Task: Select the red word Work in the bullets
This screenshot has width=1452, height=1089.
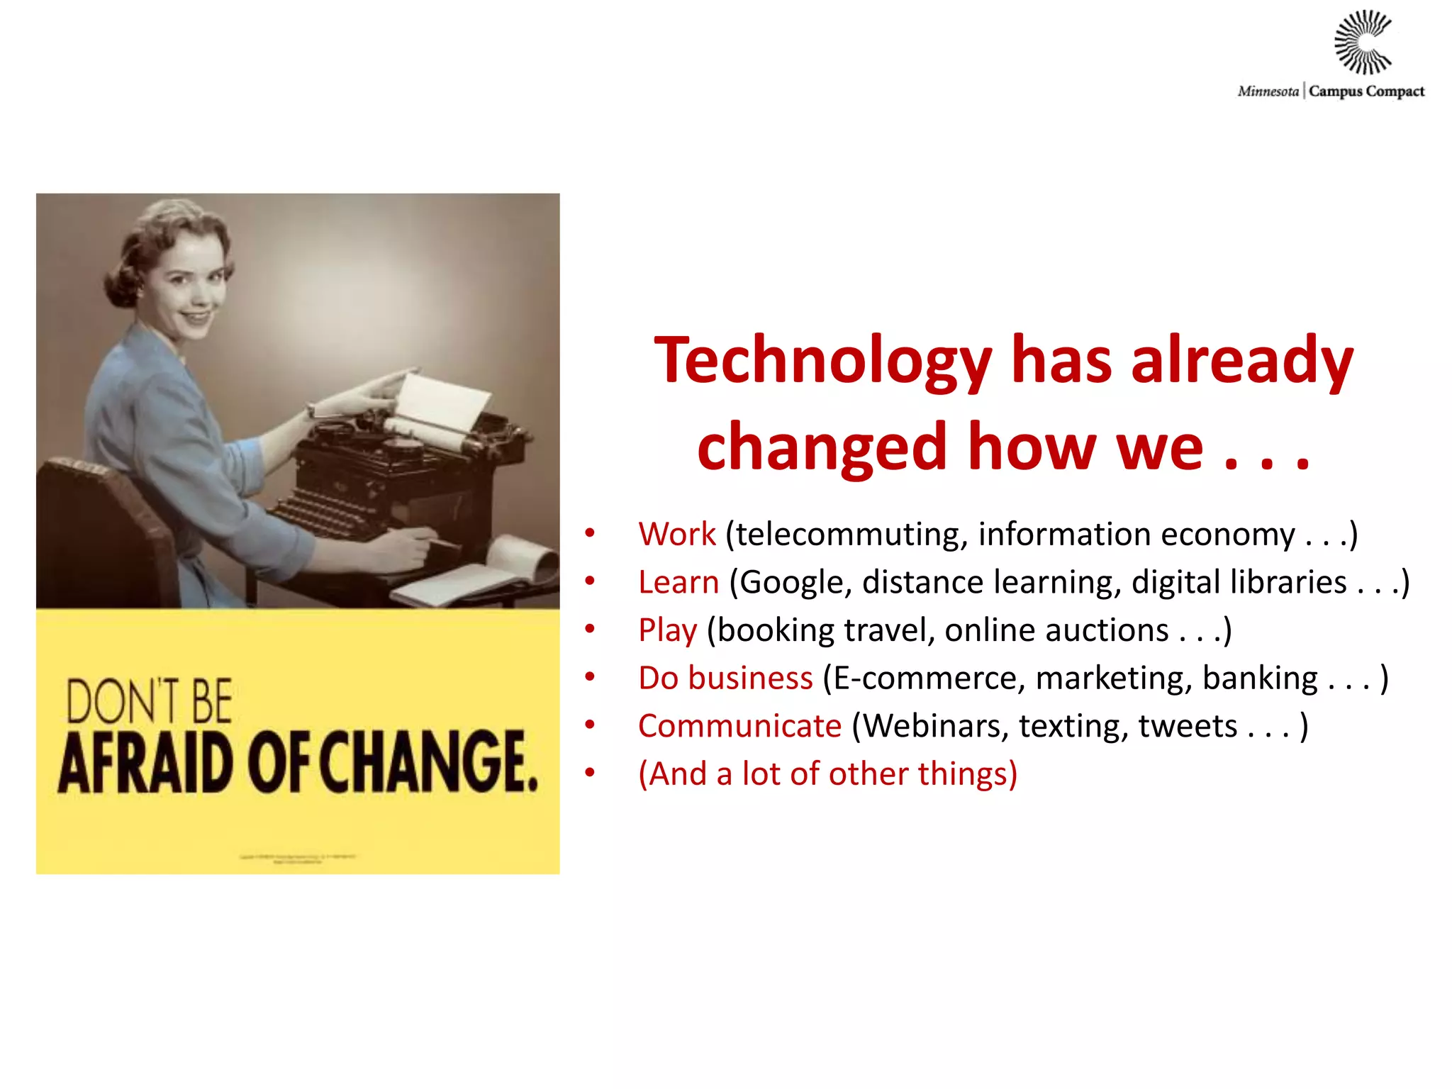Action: coord(677,534)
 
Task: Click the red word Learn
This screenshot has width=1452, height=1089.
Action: coord(678,582)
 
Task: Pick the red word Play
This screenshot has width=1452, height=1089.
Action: coord(667,630)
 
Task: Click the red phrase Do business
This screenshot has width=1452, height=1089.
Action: coord(725,678)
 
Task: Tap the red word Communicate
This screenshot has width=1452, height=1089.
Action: coord(739,726)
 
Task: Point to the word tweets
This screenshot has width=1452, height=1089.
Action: coord(1188,726)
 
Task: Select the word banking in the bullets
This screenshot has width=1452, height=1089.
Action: coord(1260,678)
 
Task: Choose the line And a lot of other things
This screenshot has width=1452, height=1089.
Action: coord(827,774)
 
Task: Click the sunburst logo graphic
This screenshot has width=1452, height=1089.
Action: coord(1363,43)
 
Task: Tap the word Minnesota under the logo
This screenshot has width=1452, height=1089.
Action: coord(1268,91)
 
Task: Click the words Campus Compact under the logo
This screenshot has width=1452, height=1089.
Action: coord(1366,91)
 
